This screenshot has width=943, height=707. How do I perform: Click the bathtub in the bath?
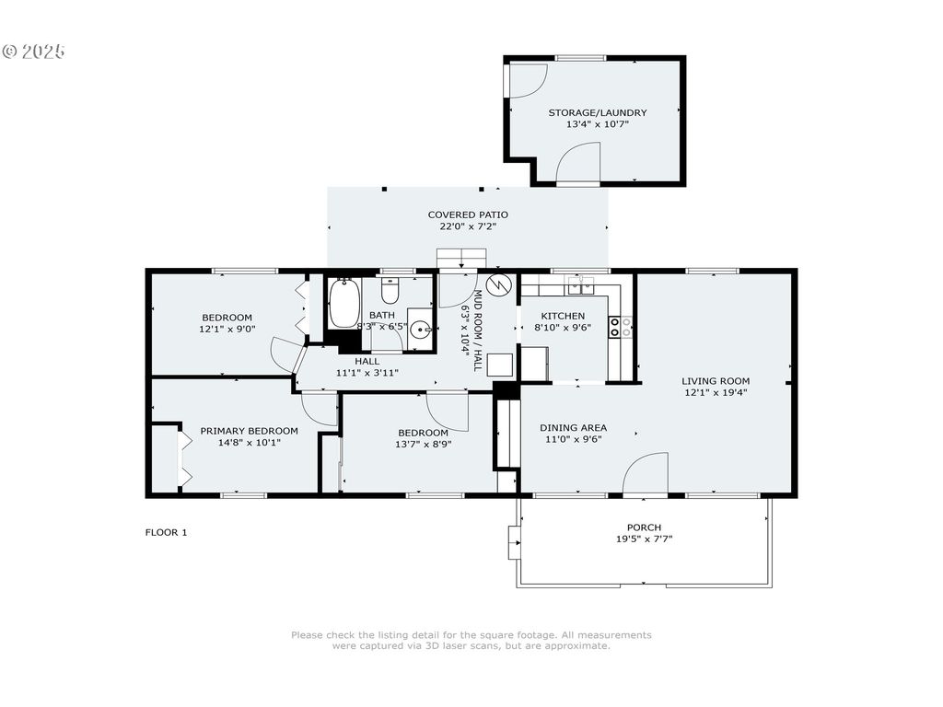pyautogui.click(x=344, y=304)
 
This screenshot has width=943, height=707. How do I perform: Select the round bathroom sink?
pyautogui.click(x=421, y=329)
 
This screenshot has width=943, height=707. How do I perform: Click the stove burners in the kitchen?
pyautogui.click(x=621, y=327)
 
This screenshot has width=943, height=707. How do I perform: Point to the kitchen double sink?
pyautogui.click(x=581, y=287)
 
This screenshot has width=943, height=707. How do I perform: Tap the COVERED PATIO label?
pyautogui.click(x=468, y=214)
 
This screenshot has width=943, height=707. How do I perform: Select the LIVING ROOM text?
pyautogui.click(x=716, y=381)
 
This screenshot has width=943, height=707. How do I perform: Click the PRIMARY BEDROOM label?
pyautogui.click(x=249, y=431)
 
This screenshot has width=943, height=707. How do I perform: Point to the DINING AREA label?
pyautogui.click(x=573, y=427)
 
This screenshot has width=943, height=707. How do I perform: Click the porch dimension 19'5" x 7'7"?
pyautogui.click(x=644, y=539)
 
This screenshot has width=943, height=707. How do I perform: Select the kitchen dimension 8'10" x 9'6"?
pyautogui.click(x=563, y=328)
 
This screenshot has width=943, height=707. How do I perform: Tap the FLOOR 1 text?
pyautogui.click(x=166, y=532)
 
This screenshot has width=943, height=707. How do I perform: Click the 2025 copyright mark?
pyautogui.click(x=34, y=52)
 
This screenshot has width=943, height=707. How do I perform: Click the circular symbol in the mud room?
pyautogui.click(x=498, y=285)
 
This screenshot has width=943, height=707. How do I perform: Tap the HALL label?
pyautogui.click(x=367, y=361)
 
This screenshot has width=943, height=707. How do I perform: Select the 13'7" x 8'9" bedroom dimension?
pyautogui.click(x=424, y=445)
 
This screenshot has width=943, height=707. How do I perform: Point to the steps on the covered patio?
pyautogui.click(x=460, y=259)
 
